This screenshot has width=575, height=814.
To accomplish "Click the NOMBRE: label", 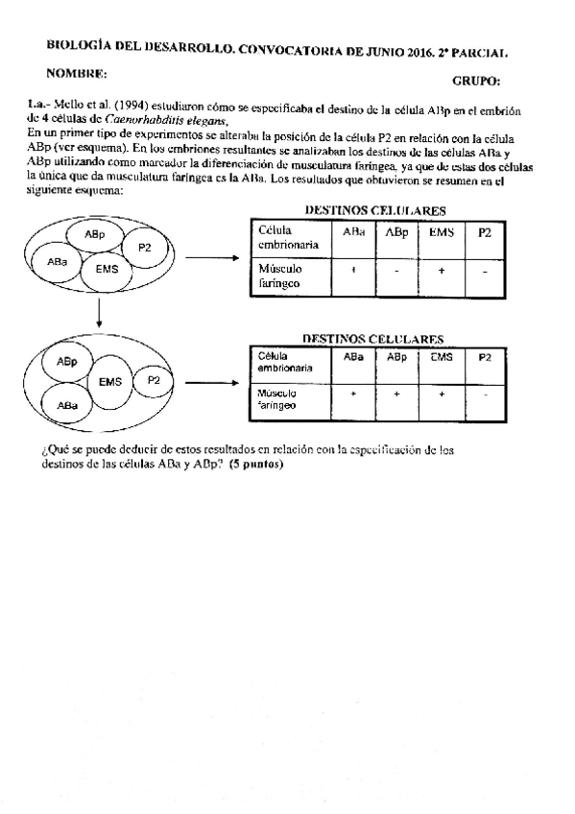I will [76, 73].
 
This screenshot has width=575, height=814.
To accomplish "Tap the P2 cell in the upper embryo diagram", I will [145, 248].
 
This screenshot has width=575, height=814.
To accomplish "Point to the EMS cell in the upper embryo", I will [107, 270].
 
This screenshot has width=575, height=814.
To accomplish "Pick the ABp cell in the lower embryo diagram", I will [67, 362].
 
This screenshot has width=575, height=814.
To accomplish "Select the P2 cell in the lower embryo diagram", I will [154, 380].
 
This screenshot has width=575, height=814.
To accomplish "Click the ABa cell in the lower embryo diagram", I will [67, 406].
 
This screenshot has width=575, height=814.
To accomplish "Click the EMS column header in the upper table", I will [440, 232].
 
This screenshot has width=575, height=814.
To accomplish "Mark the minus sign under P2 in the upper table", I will [486, 272].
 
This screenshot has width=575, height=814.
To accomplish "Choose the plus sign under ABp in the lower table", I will [395, 394].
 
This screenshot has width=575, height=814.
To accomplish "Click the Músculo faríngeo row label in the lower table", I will [277, 398].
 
